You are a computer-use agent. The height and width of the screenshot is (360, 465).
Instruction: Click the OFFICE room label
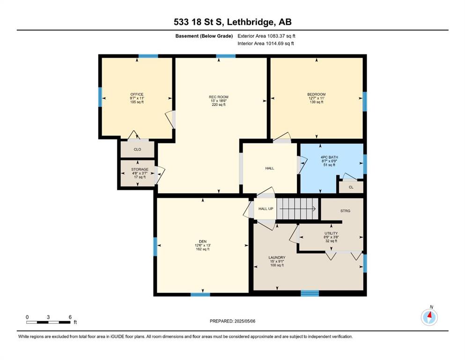pyautogui.click(x=137, y=94)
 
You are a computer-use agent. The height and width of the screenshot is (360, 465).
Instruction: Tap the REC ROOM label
pyautogui.click(x=219, y=97)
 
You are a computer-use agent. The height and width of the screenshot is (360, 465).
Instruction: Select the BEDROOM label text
pyautogui.click(x=317, y=94)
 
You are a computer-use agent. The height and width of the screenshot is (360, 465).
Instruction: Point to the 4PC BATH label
pyautogui.click(x=329, y=157)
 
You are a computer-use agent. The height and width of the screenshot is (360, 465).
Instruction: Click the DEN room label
pyautogui.click(x=203, y=241)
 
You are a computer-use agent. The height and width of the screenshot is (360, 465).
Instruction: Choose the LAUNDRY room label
pyautogui.click(x=277, y=258)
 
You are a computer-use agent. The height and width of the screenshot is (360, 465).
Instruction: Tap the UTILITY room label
pyautogui.click(x=331, y=233)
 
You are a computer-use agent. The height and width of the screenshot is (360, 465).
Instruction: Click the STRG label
pyautogui.click(x=345, y=211)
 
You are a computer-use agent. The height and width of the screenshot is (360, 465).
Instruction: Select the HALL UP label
pyautogui.click(x=266, y=209)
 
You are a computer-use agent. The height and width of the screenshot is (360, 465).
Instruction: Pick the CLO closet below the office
pyautogui.click(x=137, y=149)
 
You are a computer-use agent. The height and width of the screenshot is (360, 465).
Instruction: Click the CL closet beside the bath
pyautogui.click(x=351, y=187)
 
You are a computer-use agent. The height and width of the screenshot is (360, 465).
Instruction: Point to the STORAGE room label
pyautogui.click(x=140, y=170)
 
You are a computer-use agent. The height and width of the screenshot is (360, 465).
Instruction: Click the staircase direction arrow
pyautogui.click(x=297, y=209)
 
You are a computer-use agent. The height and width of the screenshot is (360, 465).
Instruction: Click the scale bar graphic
pyautogui.click(x=48, y=322)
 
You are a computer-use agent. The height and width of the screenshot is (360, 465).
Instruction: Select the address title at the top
pyautogui.click(x=232, y=22)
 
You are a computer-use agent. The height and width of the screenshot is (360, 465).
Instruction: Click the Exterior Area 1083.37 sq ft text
pyautogui.click(x=266, y=36)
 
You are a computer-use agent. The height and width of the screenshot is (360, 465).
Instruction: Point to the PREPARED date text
pyautogui.click(x=232, y=321)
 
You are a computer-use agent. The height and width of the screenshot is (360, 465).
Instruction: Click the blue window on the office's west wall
pyautogui.click(x=100, y=97)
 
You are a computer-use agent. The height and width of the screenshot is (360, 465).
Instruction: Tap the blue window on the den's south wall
pyautogui.click(x=200, y=294)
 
